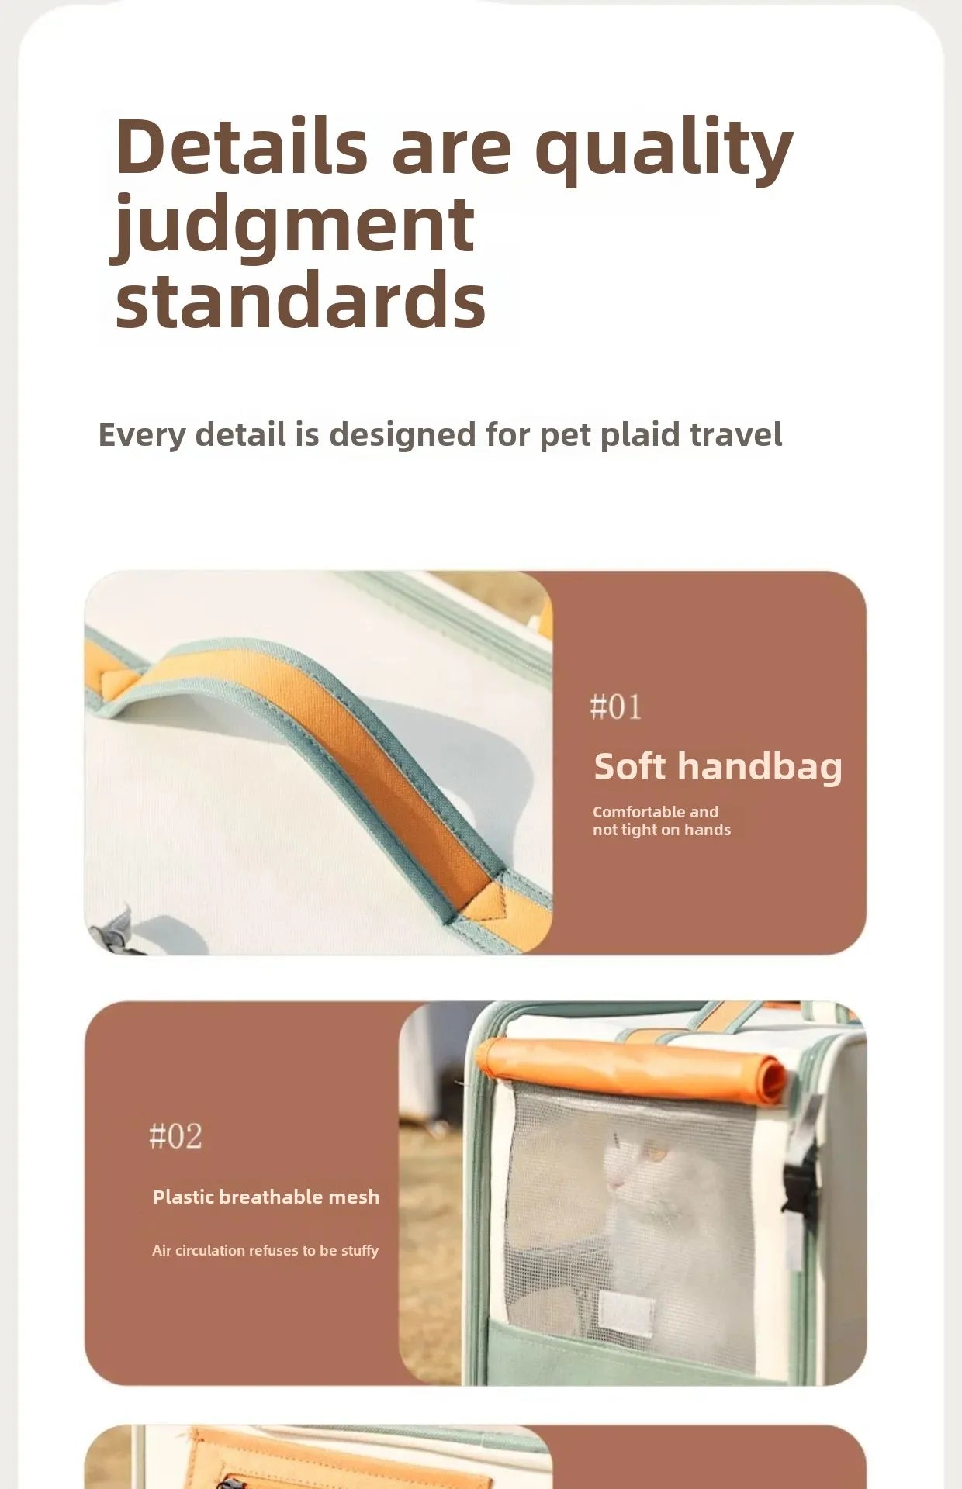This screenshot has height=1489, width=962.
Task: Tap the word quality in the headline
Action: [664, 151]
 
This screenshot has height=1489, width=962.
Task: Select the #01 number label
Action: [616, 707]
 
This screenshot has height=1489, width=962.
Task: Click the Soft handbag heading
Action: [718, 768]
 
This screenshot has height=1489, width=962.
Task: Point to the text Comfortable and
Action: [656, 812]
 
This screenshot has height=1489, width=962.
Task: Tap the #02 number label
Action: [175, 1136]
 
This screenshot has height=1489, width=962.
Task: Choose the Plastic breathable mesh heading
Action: [266, 1197]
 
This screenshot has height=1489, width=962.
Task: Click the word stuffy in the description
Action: [360, 1251]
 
